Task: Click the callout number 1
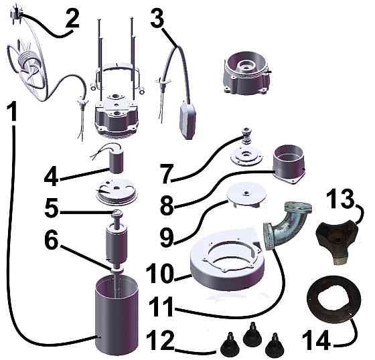click(x=11, y=110)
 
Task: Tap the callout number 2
click(x=72, y=19)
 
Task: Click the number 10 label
click(x=161, y=274)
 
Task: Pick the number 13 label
click(x=340, y=200)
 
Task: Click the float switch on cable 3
click(x=187, y=120)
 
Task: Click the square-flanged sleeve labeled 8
click(x=289, y=164)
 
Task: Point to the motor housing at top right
click(x=246, y=74)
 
